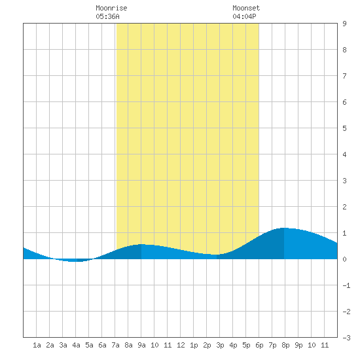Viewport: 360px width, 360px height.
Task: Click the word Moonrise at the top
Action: [x=111, y=8]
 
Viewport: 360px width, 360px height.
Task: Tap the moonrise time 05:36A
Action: [x=107, y=16]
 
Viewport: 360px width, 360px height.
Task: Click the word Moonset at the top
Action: [x=246, y=8]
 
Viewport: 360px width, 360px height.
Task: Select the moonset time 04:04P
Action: [x=244, y=16]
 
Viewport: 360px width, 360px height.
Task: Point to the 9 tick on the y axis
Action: [x=344, y=24]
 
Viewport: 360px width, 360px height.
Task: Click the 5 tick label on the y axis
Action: [x=344, y=128]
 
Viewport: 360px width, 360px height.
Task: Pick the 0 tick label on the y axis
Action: [x=344, y=259]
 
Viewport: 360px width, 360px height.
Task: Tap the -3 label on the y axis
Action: [x=346, y=338]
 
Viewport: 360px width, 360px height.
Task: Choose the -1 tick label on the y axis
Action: [x=346, y=285]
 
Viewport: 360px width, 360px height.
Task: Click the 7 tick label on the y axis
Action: [x=344, y=76]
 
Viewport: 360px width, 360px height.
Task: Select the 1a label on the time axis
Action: [x=37, y=345]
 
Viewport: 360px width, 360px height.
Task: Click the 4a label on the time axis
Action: [x=76, y=345]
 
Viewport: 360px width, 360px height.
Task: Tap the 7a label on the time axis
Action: [x=115, y=345]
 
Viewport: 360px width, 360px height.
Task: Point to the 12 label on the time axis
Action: [x=181, y=345]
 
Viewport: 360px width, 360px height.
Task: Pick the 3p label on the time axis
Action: [x=220, y=345]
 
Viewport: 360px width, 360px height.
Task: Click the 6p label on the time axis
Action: [x=259, y=345]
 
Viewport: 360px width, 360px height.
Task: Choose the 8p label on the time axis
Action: [x=285, y=345]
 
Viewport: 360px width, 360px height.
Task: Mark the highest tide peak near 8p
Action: [x=284, y=228]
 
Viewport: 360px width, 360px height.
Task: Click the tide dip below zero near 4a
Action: [x=73, y=261]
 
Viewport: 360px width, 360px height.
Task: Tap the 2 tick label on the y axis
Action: [x=344, y=207]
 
